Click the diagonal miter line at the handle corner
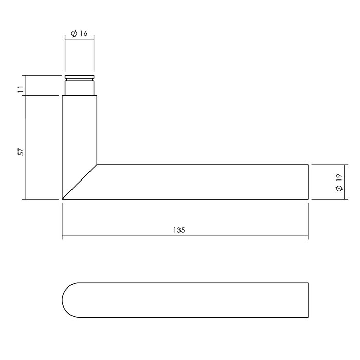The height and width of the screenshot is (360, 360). pyautogui.click(x=80, y=182)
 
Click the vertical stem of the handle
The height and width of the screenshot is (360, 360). pyautogui.click(x=79, y=129)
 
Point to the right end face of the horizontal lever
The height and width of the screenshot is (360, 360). pyautogui.click(x=308, y=182)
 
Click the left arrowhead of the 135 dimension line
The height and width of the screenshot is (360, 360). pyautogui.click(x=64, y=238)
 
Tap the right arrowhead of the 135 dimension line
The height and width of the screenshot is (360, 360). pyautogui.click(x=305, y=238)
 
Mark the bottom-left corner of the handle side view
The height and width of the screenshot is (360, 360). pyautogui.click(x=62, y=199)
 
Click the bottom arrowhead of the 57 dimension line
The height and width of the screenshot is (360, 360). pyautogui.click(x=25, y=196)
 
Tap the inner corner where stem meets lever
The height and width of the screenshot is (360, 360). pyautogui.click(x=97, y=165)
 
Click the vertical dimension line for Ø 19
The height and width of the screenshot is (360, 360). pyautogui.click(x=330, y=182)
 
